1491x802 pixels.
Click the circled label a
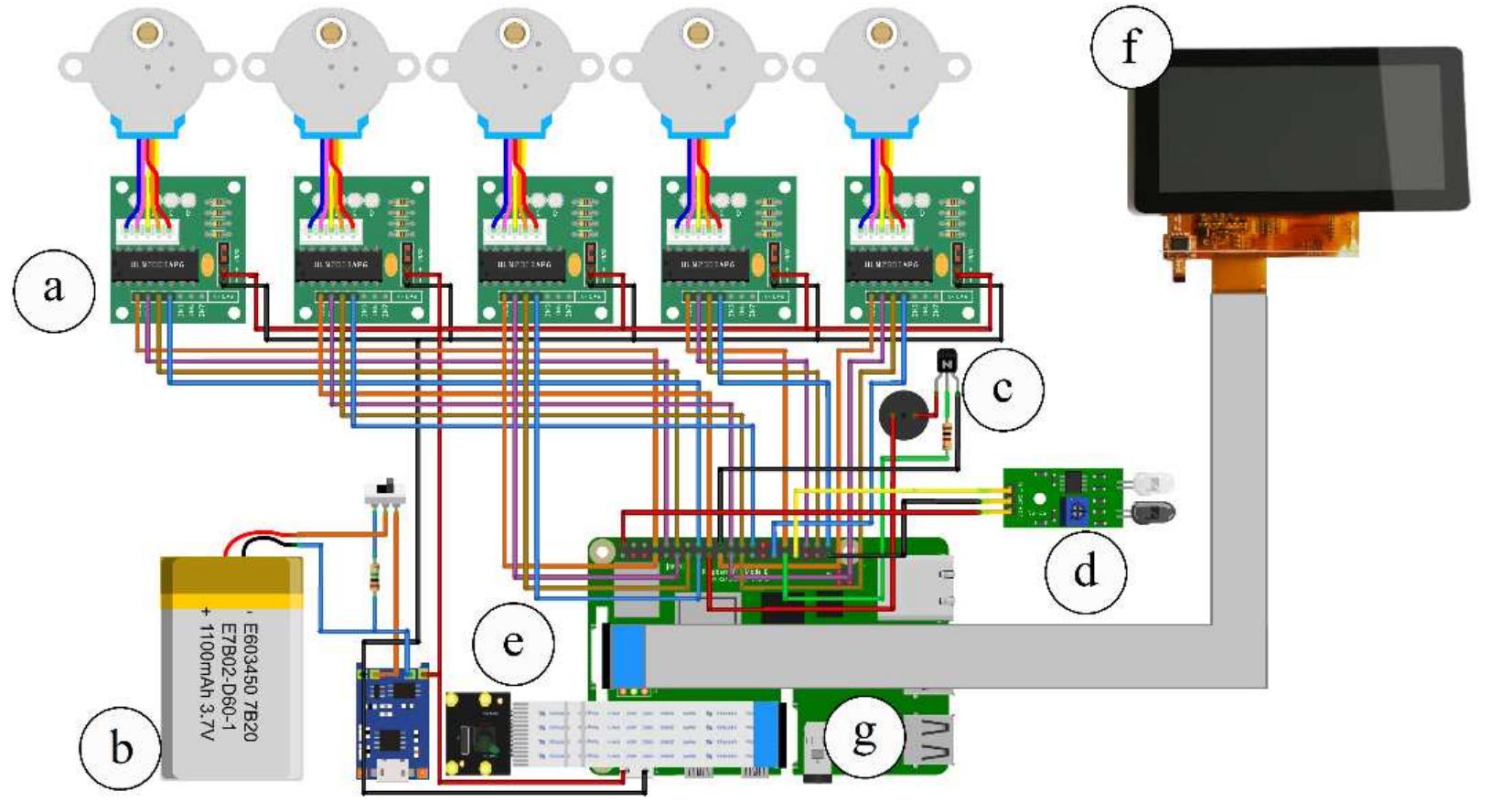pos(54,289)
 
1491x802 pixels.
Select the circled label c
pos(1003,389)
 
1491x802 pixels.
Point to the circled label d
pos(1085,571)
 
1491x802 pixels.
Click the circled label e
pos(512,643)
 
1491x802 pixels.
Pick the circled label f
pos(1132,46)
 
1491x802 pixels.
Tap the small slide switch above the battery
pos(385,490)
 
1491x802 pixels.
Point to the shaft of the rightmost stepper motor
pos(881,34)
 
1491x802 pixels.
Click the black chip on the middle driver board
pos(525,265)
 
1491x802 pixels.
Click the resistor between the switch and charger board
pos(373,576)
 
